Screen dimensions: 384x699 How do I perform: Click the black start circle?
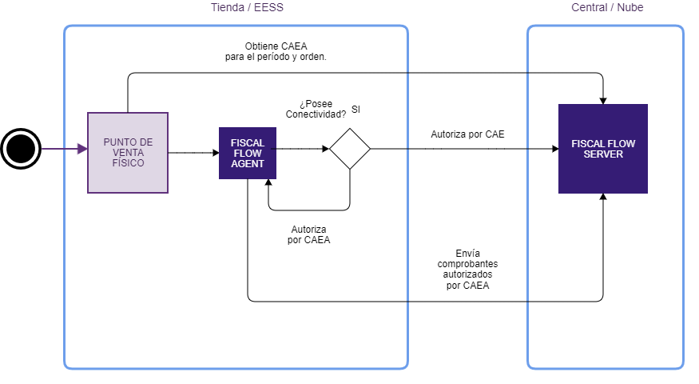click(21, 149)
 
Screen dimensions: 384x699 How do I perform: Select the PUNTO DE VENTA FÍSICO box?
click(128, 153)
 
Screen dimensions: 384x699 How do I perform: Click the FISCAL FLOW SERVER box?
click(603, 149)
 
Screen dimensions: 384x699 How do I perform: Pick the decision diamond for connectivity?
click(350, 149)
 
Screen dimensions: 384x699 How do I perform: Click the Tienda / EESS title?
click(246, 8)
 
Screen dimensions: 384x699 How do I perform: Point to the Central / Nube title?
click(607, 8)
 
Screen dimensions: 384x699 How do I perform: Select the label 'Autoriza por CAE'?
click(467, 134)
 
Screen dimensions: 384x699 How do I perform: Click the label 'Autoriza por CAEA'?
click(308, 234)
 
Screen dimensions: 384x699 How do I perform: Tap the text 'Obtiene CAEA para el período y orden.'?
click(275, 51)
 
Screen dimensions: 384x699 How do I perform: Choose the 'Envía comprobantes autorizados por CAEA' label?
click(468, 268)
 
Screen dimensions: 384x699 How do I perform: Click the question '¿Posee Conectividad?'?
click(316, 109)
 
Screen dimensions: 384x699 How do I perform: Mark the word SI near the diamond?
click(356, 109)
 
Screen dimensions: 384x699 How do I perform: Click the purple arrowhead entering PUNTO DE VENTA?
click(82, 149)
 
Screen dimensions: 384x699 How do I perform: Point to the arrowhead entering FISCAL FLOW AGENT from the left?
click(215, 153)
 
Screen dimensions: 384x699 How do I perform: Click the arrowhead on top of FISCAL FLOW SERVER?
click(603, 100)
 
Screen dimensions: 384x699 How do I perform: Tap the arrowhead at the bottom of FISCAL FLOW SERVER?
click(603, 198)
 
